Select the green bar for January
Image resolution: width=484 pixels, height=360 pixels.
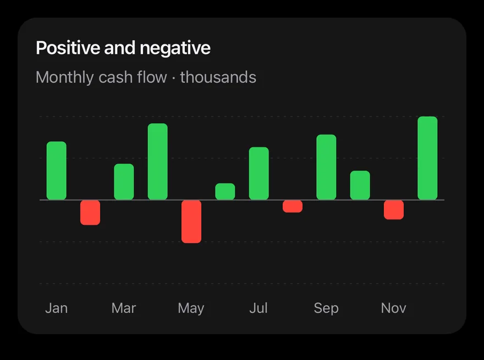(x=57, y=170)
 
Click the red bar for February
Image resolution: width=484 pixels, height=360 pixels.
(x=90, y=213)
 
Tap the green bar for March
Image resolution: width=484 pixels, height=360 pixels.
(x=124, y=182)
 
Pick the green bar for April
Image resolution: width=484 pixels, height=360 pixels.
(x=158, y=162)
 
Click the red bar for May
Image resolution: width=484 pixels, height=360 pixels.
(x=191, y=221)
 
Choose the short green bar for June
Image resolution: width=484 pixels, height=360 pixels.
(x=225, y=192)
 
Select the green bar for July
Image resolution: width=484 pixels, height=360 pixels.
(x=259, y=173)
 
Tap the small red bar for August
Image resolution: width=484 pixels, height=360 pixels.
(x=293, y=206)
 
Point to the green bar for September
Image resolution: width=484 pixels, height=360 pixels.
(x=326, y=167)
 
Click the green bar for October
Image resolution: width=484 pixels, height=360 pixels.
(x=360, y=185)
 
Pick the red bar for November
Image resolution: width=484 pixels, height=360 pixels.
(x=394, y=210)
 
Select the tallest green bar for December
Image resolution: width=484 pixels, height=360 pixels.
(x=427, y=158)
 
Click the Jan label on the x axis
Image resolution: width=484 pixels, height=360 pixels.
(x=57, y=308)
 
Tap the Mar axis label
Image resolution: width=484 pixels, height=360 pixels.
(x=124, y=308)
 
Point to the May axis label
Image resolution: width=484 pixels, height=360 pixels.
(x=191, y=308)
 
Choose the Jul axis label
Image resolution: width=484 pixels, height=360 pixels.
(x=258, y=308)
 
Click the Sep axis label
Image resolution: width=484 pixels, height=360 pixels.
(x=326, y=308)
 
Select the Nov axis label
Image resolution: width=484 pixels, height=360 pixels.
(x=394, y=308)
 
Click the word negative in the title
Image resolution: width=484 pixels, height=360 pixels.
(x=175, y=48)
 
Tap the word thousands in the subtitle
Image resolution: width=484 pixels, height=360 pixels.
(x=218, y=77)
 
